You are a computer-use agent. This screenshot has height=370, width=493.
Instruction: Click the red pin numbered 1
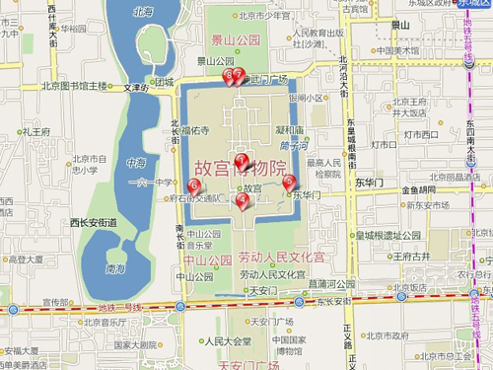[241, 160]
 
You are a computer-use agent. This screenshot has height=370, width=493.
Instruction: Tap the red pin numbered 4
[243, 200]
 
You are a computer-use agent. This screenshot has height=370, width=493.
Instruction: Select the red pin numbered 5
[289, 182]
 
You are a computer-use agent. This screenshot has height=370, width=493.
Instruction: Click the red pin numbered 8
[229, 75]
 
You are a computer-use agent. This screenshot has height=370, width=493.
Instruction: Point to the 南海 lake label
[116, 267]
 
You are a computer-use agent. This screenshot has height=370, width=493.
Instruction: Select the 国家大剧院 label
[135, 344]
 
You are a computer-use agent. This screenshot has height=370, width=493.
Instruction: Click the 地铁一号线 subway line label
[119, 308]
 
